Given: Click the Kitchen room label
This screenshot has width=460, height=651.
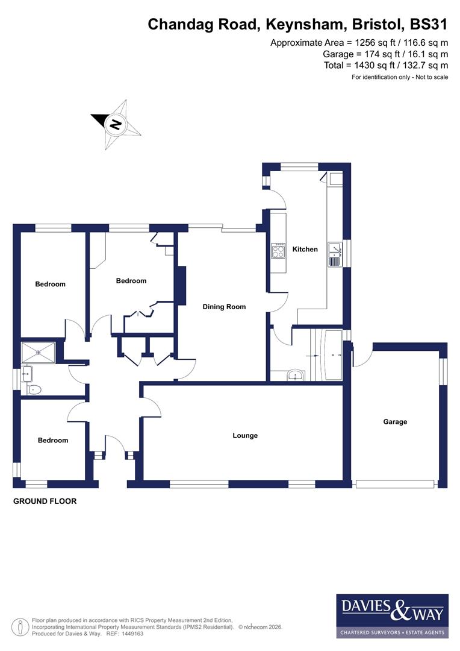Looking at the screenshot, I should click(305, 249).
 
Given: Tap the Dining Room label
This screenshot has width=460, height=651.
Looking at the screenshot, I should click(224, 307).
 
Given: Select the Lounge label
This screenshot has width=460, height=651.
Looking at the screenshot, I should click(245, 435).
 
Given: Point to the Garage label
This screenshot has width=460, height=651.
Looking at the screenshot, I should click(395, 422).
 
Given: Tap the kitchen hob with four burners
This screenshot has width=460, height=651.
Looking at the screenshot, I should click(279, 250).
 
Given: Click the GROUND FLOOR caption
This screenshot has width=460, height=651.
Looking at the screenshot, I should click(45, 501).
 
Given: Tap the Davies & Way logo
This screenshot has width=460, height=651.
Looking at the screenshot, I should click(392, 615).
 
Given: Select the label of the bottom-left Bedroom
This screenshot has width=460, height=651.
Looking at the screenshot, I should click(53, 440).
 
